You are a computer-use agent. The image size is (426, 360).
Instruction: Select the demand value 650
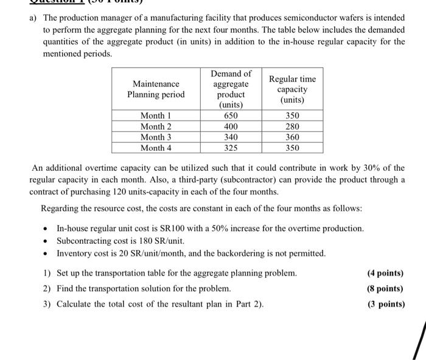pyautogui.click(x=231, y=116)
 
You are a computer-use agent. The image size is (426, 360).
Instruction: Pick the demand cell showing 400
pyautogui.click(x=231, y=126)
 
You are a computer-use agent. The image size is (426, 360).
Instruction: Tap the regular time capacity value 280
pyautogui.click(x=292, y=126)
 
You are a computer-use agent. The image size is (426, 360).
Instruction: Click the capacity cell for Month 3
pyautogui.click(x=292, y=137)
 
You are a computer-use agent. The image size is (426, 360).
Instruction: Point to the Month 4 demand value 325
pyautogui.click(x=231, y=148)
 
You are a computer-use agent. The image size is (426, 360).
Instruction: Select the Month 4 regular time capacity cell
pyautogui.click(x=292, y=148)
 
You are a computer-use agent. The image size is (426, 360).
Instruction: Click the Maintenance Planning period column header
pyautogui.click(x=156, y=89)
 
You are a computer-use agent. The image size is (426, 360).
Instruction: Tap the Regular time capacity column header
pyautogui.click(x=292, y=89)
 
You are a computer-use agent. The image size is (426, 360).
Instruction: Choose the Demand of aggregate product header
pyautogui.click(x=231, y=89)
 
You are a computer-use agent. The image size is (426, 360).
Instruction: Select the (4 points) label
pyautogui.click(x=386, y=274)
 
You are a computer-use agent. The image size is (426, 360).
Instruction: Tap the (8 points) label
pyautogui.click(x=386, y=289)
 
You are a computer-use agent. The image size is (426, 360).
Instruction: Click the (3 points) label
pyautogui.click(x=386, y=304)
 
